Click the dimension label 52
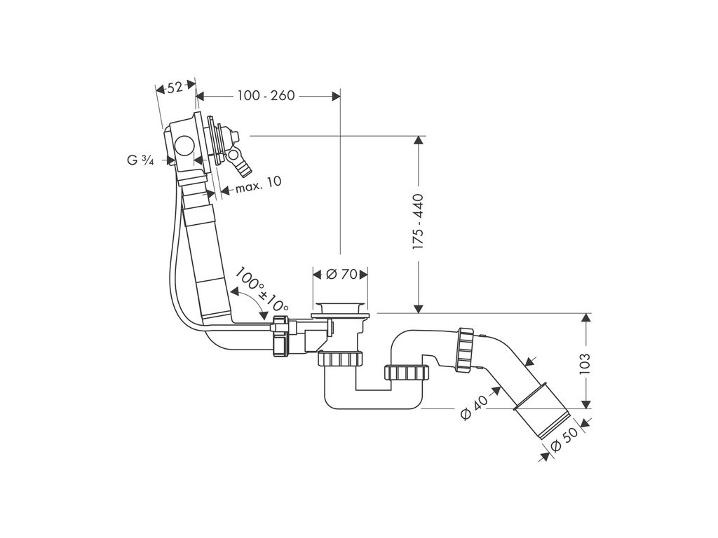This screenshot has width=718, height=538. pos(175,87)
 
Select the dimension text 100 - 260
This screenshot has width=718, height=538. pos(265,95)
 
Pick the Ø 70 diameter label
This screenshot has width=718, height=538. pos(340,274)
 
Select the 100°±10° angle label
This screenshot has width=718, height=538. pos(261,289)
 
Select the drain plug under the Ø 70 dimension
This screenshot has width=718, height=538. pos(340,309)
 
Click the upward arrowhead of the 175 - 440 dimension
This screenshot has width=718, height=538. pos(419,140)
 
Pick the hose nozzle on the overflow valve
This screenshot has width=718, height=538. pos(241,167)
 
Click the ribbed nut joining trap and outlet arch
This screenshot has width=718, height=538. pos(407,373)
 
